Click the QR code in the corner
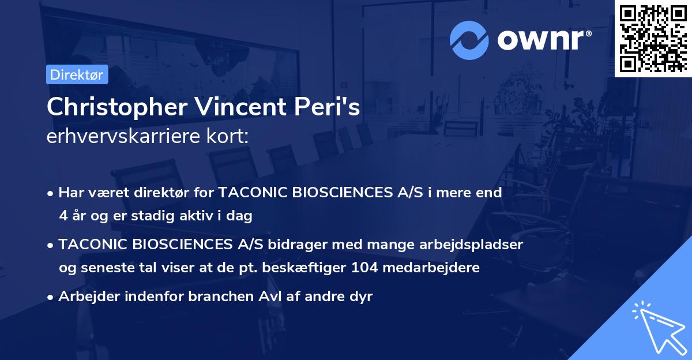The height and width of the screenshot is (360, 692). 653,39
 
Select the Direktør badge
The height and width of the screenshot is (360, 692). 76,74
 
